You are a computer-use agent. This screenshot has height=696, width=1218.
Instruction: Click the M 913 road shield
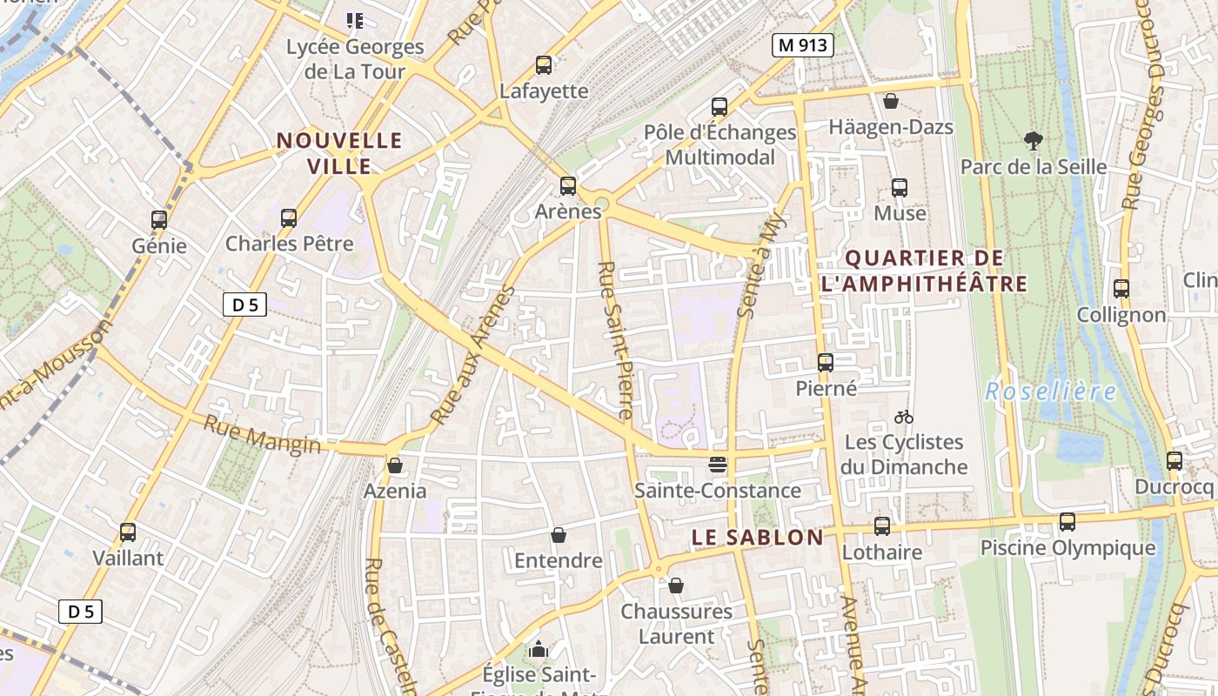(x=802, y=46)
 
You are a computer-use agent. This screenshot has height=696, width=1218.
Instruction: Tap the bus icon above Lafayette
(x=544, y=64)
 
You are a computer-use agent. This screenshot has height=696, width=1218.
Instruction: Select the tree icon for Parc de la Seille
(x=1033, y=140)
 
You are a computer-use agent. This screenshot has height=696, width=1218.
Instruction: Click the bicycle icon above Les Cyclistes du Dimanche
(x=904, y=417)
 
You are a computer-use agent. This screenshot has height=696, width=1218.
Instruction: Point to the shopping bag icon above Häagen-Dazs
(x=890, y=101)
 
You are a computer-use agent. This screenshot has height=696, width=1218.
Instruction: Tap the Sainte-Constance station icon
(x=717, y=465)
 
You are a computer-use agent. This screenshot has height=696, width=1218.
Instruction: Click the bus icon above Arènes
(x=568, y=185)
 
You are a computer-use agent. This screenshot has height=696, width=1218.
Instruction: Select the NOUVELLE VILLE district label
(x=339, y=153)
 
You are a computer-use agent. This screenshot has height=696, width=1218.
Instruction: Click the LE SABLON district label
(x=757, y=538)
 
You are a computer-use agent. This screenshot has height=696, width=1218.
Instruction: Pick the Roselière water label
(x=1050, y=391)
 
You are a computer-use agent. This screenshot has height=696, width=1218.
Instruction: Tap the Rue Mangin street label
(x=262, y=434)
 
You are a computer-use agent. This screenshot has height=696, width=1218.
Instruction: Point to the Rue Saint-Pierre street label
(x=613, y=340)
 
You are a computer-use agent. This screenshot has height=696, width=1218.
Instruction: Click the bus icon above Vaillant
(x=128, y=532)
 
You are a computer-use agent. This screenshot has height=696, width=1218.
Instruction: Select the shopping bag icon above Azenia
(x=395, y=465)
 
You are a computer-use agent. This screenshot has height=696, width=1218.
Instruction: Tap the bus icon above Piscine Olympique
(x=1067, y=522)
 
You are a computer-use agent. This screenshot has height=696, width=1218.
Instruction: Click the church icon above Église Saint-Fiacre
(x=539, y=649)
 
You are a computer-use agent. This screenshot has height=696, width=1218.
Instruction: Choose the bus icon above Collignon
(x=1121, y=289)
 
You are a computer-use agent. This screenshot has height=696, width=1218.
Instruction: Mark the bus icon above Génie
(x=159, y=220)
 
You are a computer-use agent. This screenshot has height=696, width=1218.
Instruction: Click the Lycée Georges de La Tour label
(x=355, y=58)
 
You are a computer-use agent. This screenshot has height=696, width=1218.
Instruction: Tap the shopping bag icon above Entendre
(x=559, y=534)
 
